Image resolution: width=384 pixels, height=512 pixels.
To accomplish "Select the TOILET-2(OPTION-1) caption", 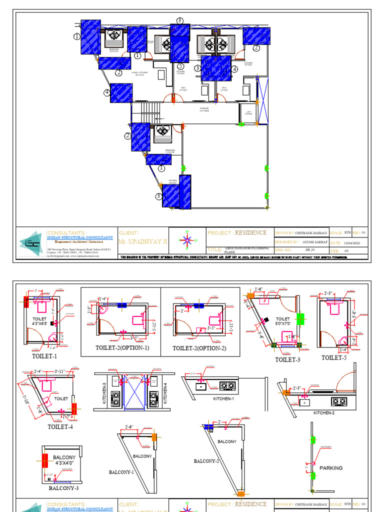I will point(122,348).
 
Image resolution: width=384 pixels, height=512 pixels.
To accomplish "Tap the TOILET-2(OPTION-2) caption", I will point(199,348).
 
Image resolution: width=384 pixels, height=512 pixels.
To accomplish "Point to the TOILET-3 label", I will point(287,359).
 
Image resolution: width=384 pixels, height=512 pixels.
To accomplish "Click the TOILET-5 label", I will point(334,357).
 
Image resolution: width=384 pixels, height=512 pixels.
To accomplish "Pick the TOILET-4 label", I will point(60,426).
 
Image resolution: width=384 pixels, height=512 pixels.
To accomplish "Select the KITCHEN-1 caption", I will point(223,398).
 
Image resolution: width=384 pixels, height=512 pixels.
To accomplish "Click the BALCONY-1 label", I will point(121,471).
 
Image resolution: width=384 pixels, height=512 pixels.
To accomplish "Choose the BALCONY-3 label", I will point(63,488).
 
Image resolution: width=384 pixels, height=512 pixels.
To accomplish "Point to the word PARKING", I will point(331,468).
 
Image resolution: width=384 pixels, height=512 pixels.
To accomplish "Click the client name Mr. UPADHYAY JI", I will point(142,241).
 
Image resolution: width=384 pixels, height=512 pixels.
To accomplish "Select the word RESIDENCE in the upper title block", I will point(251,233).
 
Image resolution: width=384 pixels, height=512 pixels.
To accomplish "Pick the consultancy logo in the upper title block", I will point(31,243).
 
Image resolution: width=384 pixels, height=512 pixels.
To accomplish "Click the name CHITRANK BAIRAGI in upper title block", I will point(311,233).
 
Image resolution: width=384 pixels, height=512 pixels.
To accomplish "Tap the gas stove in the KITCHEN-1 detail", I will point(228,385).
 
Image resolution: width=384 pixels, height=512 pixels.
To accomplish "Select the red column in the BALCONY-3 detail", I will point(44,460).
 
